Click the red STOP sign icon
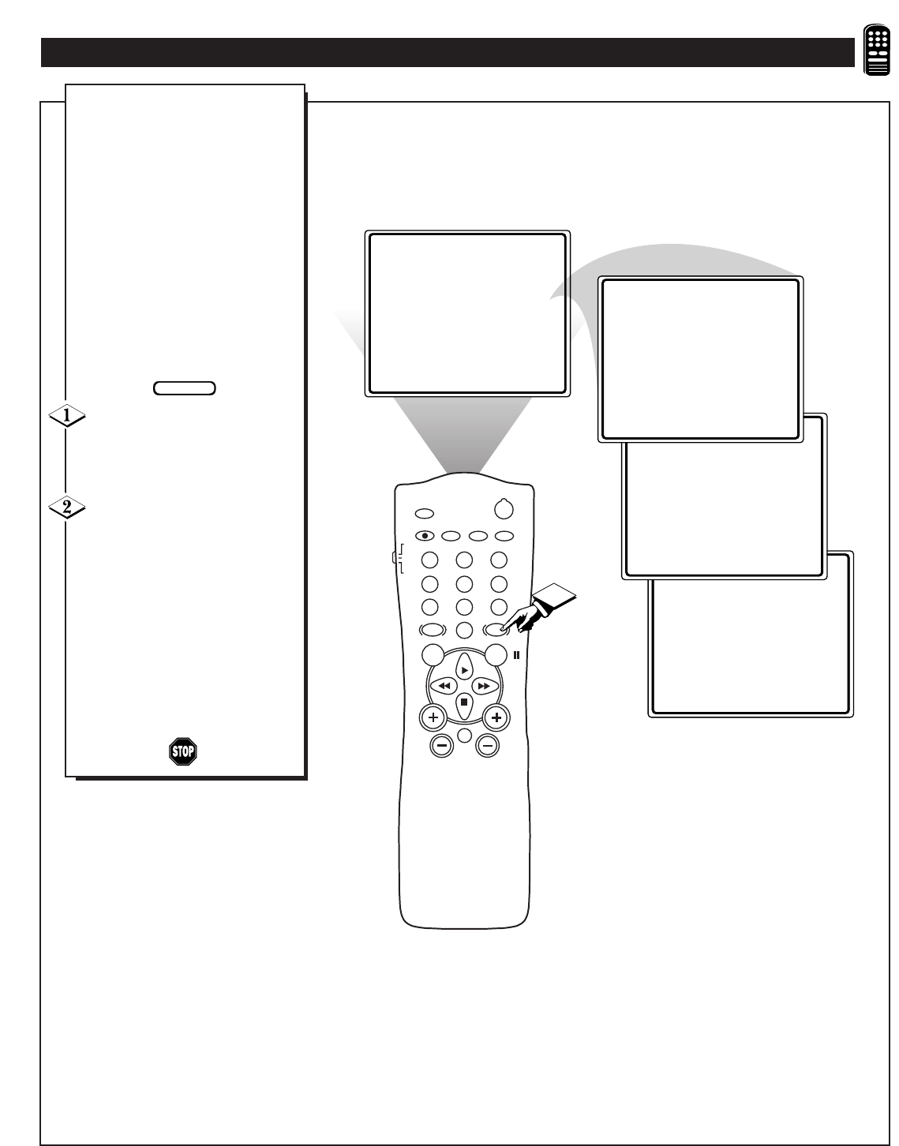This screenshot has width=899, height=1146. click(183, 751)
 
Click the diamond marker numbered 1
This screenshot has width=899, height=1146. click(67, 416)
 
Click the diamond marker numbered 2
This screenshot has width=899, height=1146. click(67, 507)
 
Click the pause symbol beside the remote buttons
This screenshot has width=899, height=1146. click(517, 655)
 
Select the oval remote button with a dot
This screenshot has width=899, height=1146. click(425, 536)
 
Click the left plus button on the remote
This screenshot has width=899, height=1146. click(433, 717)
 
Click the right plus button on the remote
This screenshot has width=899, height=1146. click(496, 717)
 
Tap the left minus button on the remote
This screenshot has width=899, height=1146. click(442, 746)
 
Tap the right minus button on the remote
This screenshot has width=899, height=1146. click(487, 746)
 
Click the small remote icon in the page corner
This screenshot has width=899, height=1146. click(876, 50)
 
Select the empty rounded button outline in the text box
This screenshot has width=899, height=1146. click(185, 388)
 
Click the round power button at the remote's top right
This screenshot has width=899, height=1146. click(504, 509)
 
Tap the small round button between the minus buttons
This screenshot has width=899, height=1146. click(465, 735)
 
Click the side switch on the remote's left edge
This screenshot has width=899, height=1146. click(395, 557)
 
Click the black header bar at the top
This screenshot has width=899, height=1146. click(448, 52)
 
